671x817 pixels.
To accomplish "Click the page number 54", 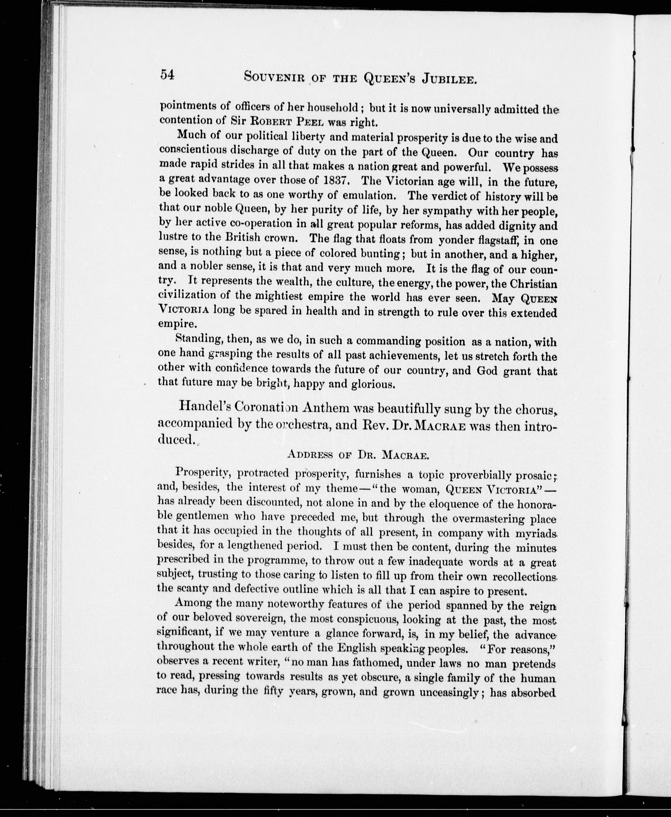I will click(x=168, y=74).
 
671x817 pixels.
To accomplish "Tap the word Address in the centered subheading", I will click(x=310, y=455).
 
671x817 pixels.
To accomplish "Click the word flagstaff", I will click(x=499, y=240).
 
